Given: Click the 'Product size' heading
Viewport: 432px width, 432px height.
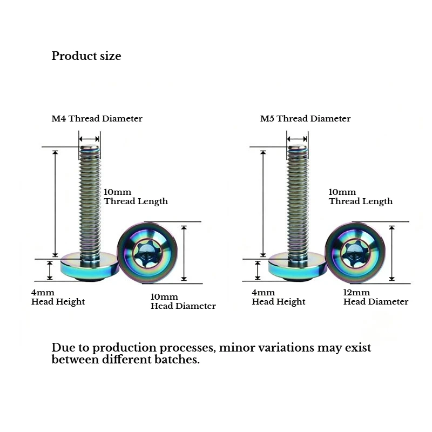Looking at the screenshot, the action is (86, 56).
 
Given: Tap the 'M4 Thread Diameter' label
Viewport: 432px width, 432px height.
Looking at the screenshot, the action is (97, 118).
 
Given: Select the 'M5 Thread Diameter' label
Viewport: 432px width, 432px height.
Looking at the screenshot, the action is (305, 118).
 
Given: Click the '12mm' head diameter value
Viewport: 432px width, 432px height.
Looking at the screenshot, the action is (356, 292).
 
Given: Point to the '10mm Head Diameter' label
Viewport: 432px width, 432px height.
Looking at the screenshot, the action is (183, 301).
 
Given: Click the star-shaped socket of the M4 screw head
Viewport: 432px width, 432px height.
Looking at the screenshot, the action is (145, 253).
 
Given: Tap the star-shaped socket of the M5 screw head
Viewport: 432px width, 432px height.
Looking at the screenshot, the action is (354, 253).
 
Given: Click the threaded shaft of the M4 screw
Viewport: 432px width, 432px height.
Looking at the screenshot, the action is (90, 202).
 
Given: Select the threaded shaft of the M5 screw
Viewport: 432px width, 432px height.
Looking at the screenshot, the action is (298, 202).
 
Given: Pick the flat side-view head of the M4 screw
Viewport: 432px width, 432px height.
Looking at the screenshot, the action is (90, 267).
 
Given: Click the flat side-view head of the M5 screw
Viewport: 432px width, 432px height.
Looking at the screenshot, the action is (298, 267).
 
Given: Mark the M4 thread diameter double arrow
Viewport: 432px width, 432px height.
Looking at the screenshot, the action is (89, 139).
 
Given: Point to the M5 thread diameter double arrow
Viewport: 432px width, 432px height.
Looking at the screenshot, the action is (297, 139).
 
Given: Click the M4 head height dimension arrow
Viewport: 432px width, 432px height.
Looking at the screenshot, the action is (50, 271).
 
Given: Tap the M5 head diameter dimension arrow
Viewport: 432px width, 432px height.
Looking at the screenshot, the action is (392, 253).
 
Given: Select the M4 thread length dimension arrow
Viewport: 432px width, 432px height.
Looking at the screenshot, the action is (56, 204).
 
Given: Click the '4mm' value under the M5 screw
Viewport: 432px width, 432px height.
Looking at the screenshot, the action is (264, 292).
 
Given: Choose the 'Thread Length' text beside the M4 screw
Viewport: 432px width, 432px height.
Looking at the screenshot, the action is (136, 201).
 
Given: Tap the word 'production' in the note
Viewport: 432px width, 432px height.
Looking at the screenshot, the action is (124, 348).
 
